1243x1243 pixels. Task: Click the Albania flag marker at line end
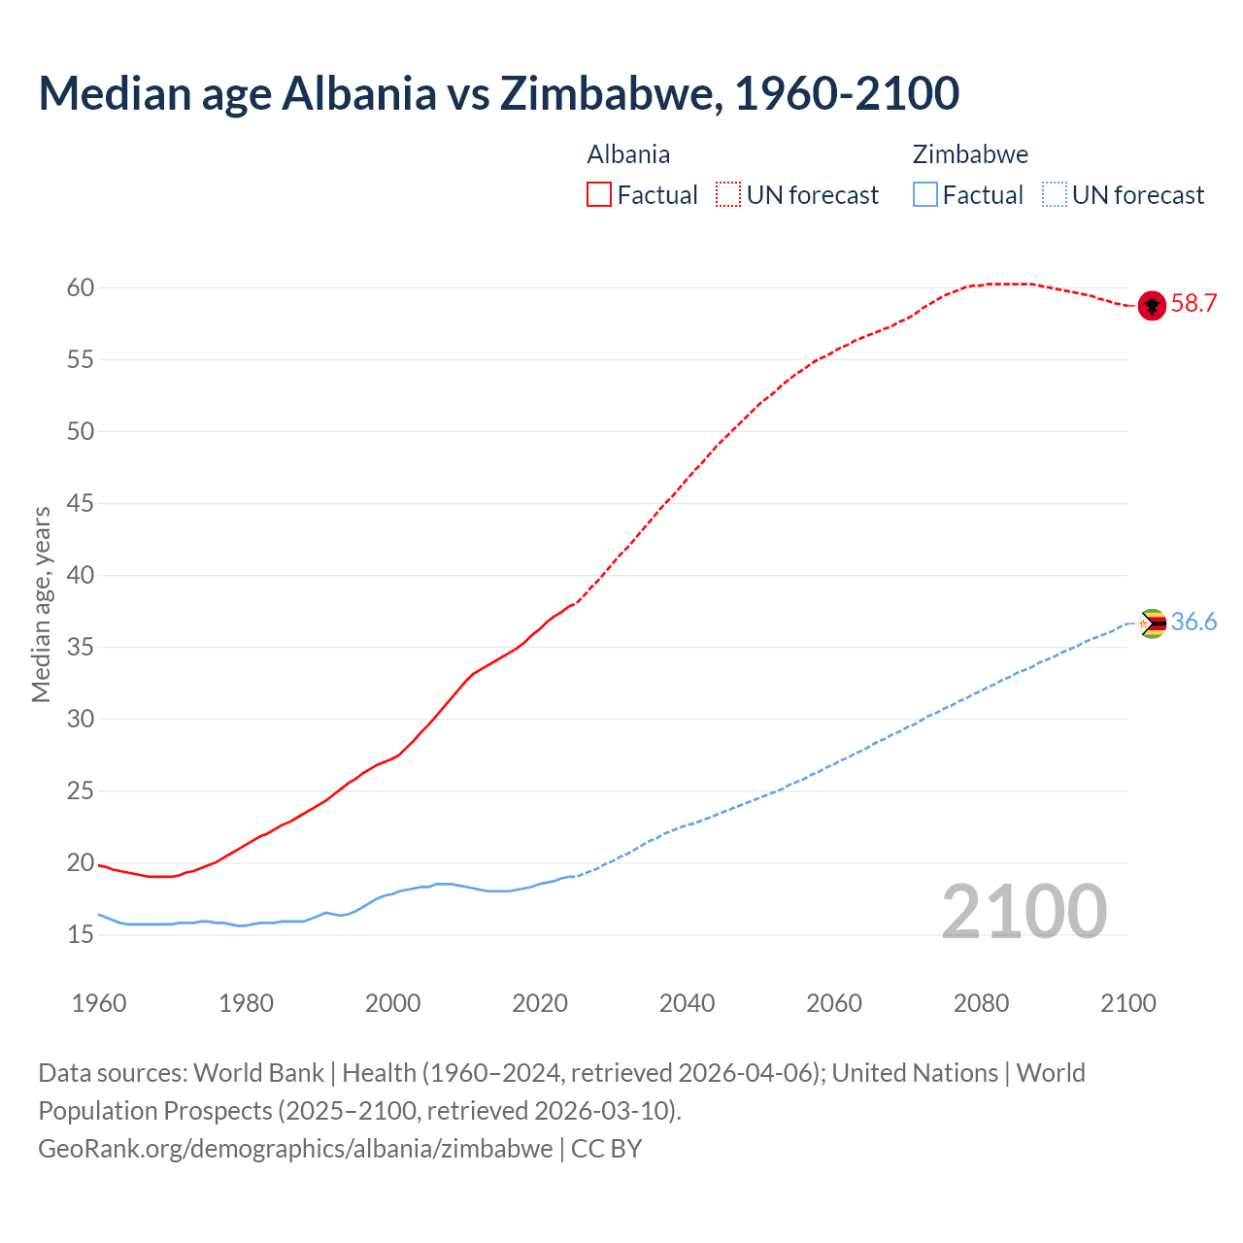coord(1152,305)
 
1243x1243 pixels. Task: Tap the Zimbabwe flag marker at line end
coord(1152,623)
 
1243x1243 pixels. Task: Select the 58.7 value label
coord(1193,304)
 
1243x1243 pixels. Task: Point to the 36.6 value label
coord(1193,622)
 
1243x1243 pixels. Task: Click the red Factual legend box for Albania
coord(599,195)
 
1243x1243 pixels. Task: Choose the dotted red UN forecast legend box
coord(728,195)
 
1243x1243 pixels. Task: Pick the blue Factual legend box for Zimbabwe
coord(925,195)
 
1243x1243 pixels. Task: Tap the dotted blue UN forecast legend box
coord(1054,195)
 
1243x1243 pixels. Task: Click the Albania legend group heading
coord(628,154)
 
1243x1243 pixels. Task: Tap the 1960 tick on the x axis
coord(99,1003)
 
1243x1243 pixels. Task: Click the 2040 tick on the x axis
coord(687,1003)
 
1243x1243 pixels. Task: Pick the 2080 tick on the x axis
coord(981,1003)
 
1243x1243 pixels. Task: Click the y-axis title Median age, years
coord(41,604)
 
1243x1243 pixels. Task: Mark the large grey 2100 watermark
coord(1024,911)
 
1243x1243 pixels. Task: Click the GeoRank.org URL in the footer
coord(295,1149)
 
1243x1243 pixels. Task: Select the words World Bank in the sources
coord(258,1073)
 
